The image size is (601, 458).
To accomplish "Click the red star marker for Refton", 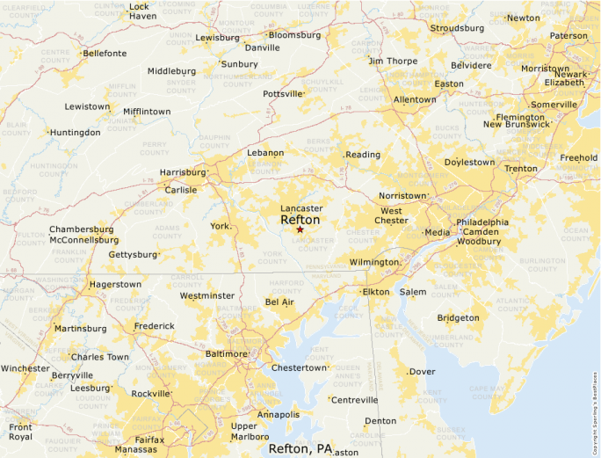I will click(300, 229).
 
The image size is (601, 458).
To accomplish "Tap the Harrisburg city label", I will click(182, 172).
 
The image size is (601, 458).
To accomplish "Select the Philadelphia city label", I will click(482, 222).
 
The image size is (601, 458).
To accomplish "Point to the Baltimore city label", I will click(226, 353).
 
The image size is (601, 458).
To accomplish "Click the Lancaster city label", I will click(301, 208).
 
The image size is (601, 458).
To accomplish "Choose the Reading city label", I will click(363, 155).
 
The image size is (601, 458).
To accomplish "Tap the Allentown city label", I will click(415, 99).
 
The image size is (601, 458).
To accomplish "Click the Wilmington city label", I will click(373, 262).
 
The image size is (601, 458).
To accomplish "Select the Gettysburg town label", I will click(133, 255).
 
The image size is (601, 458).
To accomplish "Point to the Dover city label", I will click(423, 372).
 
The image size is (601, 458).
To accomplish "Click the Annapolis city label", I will click(279, 414).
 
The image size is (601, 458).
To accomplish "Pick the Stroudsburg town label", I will click(457, 28).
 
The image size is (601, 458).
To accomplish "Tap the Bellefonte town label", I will click(105, 53).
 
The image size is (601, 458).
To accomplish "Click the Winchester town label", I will click(25, 368).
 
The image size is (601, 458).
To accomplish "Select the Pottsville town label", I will click(282, 93).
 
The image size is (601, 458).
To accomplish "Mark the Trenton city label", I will click(521, 168).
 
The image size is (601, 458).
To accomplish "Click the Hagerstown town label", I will click(114, 285).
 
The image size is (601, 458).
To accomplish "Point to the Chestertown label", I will click(299, 367).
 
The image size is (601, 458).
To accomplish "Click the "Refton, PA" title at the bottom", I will click(300, 448).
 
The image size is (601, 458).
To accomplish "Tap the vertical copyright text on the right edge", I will click(595, 412).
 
